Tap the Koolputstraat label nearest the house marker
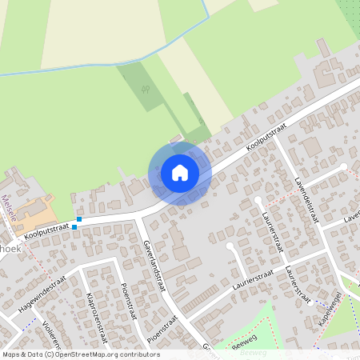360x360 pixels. coord(266,138)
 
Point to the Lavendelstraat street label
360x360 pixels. coord(306,199)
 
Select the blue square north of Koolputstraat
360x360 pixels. coord(80,219)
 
